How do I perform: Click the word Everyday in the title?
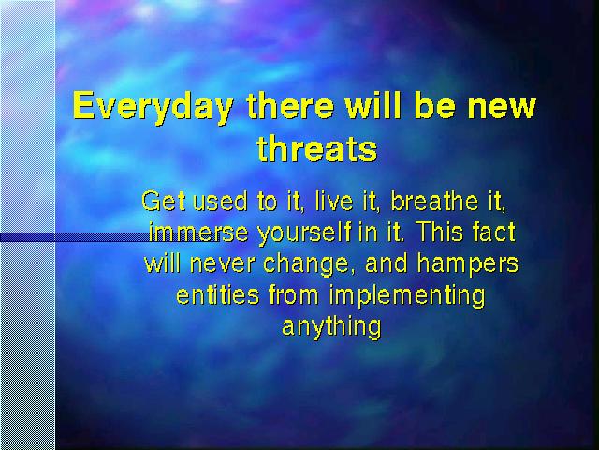point(153,107)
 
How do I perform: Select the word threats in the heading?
point(317,148)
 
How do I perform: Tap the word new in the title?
point(502,106)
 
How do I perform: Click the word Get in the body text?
point(164,201)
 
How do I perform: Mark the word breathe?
point(434,201)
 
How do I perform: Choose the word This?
point(439,232)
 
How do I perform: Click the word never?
point(222,263)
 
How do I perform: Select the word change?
point(306,264)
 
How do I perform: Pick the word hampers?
point(468,264)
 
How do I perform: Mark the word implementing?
point(407,296)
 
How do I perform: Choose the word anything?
point(331,328)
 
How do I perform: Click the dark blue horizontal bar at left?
point(74,237)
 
